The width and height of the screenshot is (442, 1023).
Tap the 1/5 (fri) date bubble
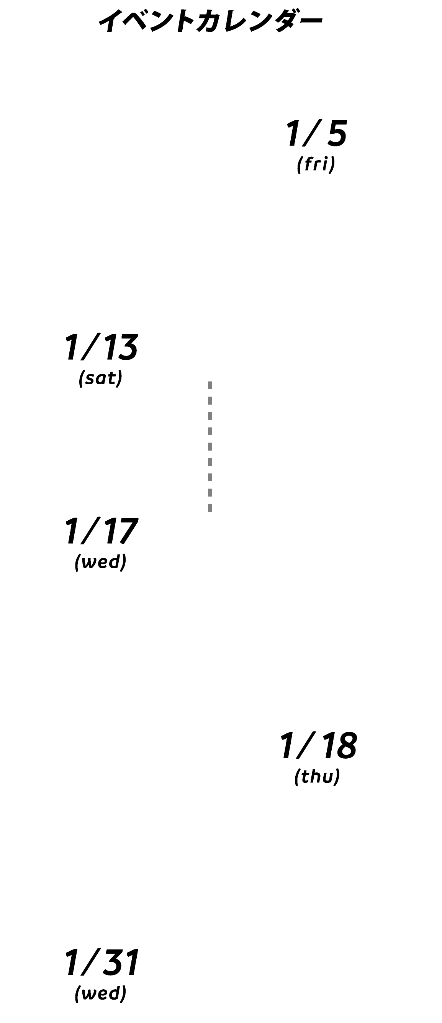(x=317, y=138)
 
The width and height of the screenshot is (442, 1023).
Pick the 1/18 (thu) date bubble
(x=317, y=750)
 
